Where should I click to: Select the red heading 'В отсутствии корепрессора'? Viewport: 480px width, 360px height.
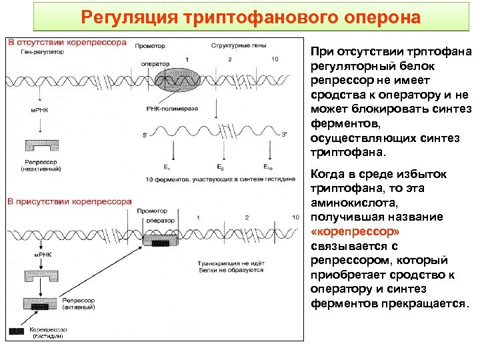click(x=67, y=43)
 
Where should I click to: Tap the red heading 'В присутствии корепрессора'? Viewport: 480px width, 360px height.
click(x=69, y=201)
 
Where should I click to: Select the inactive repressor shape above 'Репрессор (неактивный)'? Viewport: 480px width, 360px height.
click(x=42, y=147)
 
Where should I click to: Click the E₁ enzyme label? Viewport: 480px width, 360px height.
click(x=167, y=167)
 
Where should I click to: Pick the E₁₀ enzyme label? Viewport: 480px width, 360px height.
click(x=267, y=167)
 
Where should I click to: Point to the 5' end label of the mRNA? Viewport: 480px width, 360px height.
click(x=145, y=135)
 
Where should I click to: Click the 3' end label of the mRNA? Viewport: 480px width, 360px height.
click(x=284, y=135)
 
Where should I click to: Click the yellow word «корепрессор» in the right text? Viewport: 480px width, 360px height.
click(x=355, y=232)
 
